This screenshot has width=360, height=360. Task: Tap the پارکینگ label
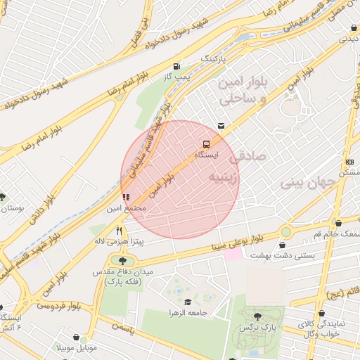214,59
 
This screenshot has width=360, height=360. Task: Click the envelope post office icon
221,126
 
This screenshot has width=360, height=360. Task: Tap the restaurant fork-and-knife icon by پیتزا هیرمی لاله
120,230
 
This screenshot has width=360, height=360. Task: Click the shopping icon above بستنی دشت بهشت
283,245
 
